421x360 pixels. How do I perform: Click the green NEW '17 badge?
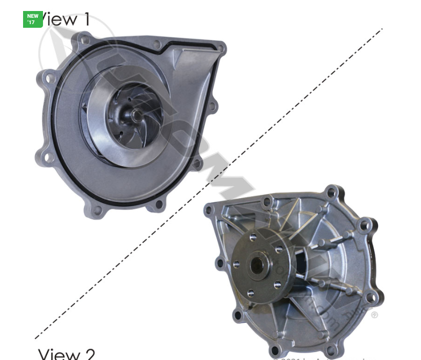coord(33,19)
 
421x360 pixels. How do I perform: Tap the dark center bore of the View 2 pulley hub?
coord(258,265)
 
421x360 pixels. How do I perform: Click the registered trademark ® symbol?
coord(374,315)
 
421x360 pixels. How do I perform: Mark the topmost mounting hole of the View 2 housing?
coord(331,193)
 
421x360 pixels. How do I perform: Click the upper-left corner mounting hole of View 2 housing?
coord(210,210)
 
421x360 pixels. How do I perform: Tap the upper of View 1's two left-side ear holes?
coord(49,79)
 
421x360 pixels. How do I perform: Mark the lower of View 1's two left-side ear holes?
coord(47,156)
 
